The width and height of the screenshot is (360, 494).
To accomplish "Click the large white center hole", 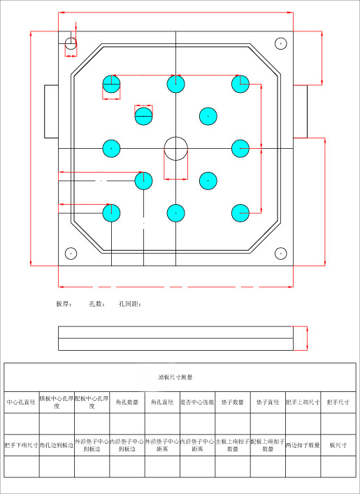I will pyautogui.click(x=175, y=148).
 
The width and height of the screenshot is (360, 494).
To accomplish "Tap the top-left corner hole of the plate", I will pyautogui.click(x=71, y=44).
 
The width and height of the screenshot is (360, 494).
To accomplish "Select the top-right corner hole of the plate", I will pyautogui.click(x=280, y=43).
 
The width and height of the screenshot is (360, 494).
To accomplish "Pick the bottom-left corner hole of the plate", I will pyautogui.click(x=70, y=253).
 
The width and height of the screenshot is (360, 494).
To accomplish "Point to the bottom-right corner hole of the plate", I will pyautogui.click(x=280, y=253).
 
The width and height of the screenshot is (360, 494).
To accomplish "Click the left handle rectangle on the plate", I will pyautogui.click(x=51, y=112).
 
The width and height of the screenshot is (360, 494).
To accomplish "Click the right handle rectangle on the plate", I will pyautogui.click(x=299, y=112).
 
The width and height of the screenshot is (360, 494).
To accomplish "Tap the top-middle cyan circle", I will pyautogui.click(x=175, y=84).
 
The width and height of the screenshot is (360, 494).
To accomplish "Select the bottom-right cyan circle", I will pyautogui.click(x=240, y=212).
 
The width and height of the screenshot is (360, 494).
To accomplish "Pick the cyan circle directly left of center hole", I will pyautogui.click(x=111, y=148).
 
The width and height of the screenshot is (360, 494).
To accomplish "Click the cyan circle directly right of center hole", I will pyautogui.click(x=240, y=148).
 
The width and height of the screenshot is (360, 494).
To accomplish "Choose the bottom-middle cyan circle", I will pyautogui.click(x=175, y=212).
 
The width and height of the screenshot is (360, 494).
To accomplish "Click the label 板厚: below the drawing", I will pyautogui.click(x=64, y=305).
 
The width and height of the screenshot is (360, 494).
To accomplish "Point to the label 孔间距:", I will pyautogui.click(x=130, y=305).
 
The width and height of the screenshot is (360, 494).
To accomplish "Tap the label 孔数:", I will pyautogui.click(x=96, y=305).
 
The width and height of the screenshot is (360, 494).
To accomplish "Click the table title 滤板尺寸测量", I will pyautogui.click(x=175, y=377).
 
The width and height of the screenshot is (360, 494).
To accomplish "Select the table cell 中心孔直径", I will pyautogui.click(x=21, y=402).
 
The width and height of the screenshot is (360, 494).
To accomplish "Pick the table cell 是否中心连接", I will pyautogui.click(x=197, y=402).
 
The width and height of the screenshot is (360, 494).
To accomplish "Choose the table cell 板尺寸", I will pyautogui.click(x=338, y=444).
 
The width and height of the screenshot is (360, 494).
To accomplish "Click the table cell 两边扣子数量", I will pyautogui.click(x=303, y=444).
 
